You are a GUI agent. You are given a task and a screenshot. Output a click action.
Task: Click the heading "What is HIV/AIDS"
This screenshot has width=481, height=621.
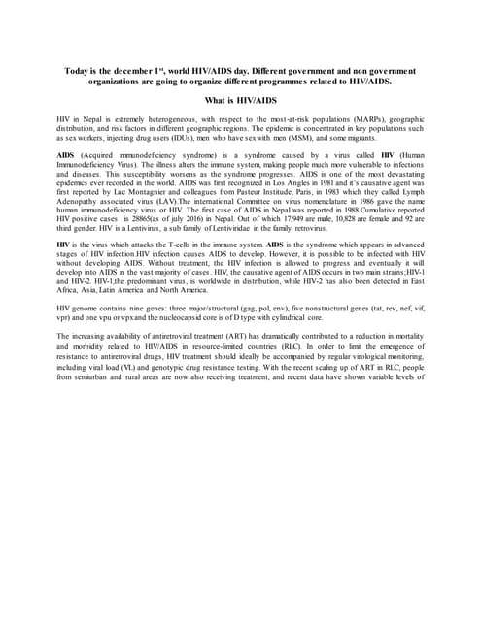[240, 101]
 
